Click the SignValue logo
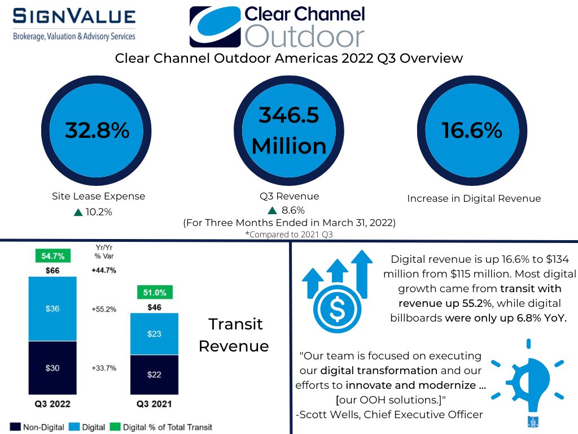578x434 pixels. tap(74, 23)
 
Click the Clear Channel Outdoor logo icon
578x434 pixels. tap(216, 27)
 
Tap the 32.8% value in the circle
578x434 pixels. tap(97, 131)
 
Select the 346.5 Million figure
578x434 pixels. tap(289, 131)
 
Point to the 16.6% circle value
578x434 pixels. tap(472, 131)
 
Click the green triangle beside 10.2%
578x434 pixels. tap(78, 212)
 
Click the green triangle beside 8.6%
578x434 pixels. tap(272, 211)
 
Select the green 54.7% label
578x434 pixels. tap(52, 256)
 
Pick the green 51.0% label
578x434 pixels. tap(155, 293)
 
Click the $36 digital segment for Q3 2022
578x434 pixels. tap(52, 309)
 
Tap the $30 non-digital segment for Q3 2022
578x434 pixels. tap(52, 368)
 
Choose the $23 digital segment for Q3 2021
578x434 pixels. tap(155, 334)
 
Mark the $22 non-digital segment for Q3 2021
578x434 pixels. tap(155, 375)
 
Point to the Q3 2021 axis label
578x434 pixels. tap(154, 404)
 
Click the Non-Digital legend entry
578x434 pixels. tap(38, 427)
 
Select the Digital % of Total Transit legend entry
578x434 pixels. tap(161, 427)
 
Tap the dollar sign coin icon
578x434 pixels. tap(336, 308)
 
